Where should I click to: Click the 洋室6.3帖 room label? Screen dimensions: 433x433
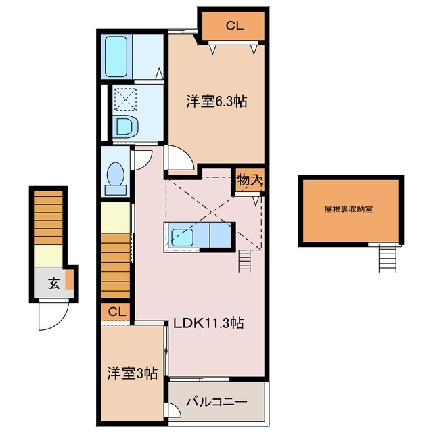pos(216,101)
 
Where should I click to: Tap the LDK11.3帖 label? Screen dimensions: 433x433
pos(208,323)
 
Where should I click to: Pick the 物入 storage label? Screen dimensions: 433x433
pos(249,181)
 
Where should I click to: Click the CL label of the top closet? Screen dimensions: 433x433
pos(235,26)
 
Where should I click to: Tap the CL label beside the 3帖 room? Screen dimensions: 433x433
pos(116,312)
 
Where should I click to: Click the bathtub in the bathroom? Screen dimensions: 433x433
pos(118,57)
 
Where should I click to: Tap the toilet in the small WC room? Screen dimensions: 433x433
pos(116,176)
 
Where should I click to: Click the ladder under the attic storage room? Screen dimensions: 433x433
pos(386,257)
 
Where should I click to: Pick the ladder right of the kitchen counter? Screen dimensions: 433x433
pos(244,260)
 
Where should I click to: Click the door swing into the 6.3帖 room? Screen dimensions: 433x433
pos(181,160)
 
